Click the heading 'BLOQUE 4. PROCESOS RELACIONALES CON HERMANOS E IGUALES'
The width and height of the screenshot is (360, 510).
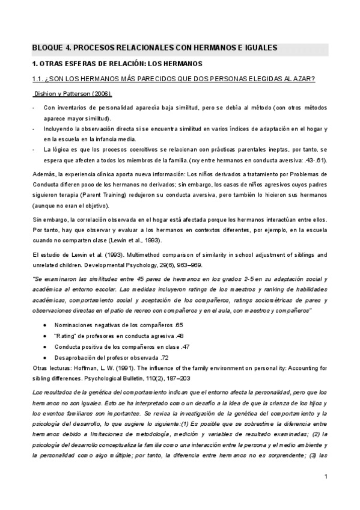coord(154,49)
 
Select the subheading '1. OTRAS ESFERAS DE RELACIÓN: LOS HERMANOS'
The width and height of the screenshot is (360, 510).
coord(117,64)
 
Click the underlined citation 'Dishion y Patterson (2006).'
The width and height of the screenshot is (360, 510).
coord(72,94)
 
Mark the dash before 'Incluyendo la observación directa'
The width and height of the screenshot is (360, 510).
coord(33,128)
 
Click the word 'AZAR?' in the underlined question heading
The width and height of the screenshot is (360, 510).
coord(305,80)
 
